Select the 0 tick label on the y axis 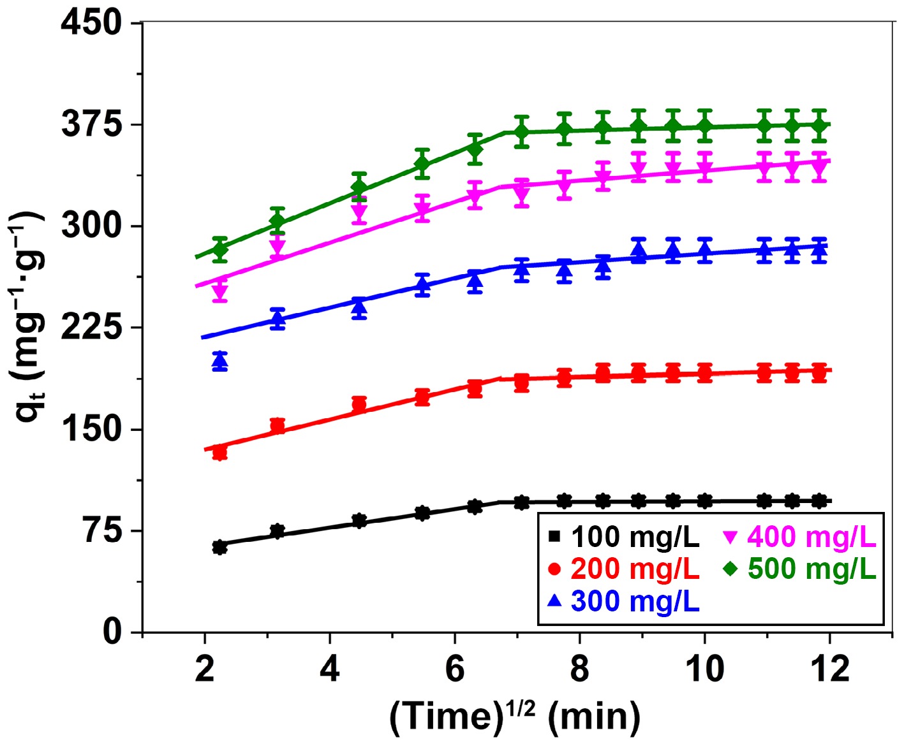(112, 631)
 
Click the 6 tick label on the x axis (454, 669)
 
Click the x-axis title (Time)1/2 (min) (515, 716)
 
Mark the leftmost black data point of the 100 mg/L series (220, 547)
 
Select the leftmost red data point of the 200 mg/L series (220, 453)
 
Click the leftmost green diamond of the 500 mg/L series (220, 249)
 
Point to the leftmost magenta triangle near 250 (220, 291)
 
